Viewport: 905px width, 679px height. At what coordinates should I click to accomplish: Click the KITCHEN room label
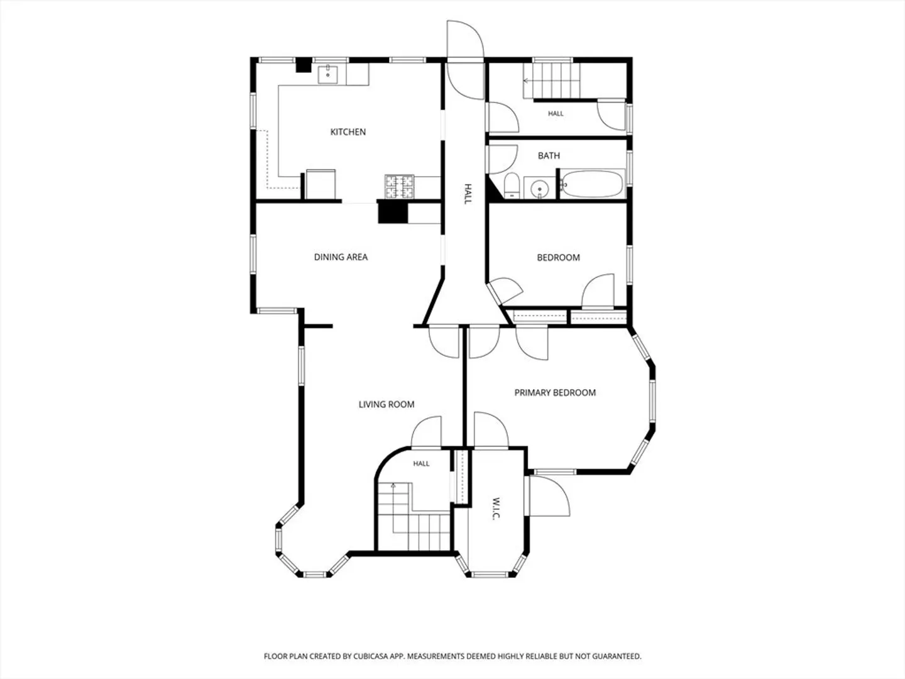[x=348, y=132]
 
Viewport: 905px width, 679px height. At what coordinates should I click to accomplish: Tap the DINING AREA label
[x=341, y=257]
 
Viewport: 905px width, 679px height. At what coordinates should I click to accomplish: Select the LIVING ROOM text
[x=387, y=404]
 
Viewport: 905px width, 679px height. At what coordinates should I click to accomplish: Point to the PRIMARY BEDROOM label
[x=555, y=392]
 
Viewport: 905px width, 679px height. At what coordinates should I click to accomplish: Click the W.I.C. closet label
[x=496, y=508]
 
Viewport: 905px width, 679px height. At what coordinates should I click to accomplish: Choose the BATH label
[x=549, y=155]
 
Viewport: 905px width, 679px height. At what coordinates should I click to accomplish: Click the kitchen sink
[x=328, y=74]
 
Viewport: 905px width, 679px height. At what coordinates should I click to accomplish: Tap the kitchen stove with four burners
[x=399, y=187]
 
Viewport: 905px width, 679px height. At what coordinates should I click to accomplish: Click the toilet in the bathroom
[x=512, y=186]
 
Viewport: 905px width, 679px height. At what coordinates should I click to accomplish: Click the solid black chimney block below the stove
[x=393, y=213]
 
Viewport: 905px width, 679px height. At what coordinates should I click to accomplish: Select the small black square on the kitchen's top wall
[x=304, y=65]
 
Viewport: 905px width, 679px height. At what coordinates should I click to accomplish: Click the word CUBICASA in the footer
[x=371, y=656]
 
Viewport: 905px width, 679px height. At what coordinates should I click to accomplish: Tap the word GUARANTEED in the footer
[x=618, y=656]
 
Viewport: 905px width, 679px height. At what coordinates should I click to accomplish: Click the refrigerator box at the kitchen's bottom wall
[x=321, y=184]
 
